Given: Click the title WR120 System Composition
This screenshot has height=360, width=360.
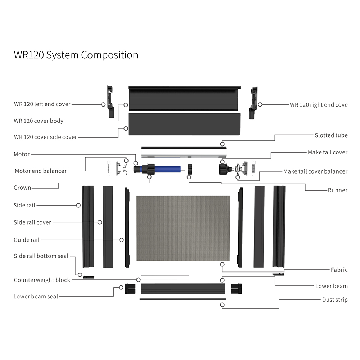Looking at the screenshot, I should click(x=76, y=55).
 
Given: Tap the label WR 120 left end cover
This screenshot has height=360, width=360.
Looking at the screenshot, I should click(x=42, y=104).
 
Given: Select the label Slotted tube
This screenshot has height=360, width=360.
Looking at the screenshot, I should click(x=331, y=135).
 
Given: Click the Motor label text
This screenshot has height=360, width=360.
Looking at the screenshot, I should click(x=22, y=154).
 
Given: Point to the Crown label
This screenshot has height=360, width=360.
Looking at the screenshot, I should click(x=22, y=188).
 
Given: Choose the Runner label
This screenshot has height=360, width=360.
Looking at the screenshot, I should click(x=337, y=190).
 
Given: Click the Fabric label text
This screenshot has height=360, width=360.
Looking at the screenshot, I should click(x=339, y=270).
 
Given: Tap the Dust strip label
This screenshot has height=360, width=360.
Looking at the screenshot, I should click(x=335, y=300).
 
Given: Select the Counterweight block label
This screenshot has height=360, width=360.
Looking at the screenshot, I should click(x=42, y=280).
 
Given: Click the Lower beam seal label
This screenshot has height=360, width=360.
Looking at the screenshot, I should click(x=36, y=297).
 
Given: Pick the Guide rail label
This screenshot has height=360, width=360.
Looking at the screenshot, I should click(x=27, y=240).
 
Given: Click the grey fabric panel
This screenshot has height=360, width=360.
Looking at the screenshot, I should click(x=183, y=229).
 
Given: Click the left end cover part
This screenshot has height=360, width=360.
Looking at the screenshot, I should click(x=111, y=102).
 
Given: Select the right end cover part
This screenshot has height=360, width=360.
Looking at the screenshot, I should click(x=253, y=102).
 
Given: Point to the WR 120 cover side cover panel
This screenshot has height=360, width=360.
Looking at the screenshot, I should click(x=184, y=124).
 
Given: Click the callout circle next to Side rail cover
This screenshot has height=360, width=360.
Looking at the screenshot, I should click(x=100, y=222).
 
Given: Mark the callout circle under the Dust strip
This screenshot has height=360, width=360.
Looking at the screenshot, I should click(x=222, y=305).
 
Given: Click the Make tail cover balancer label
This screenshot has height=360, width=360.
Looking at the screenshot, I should click(x=315, y=171).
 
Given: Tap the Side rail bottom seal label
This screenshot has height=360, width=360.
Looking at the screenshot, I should click(x=41, y=256).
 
